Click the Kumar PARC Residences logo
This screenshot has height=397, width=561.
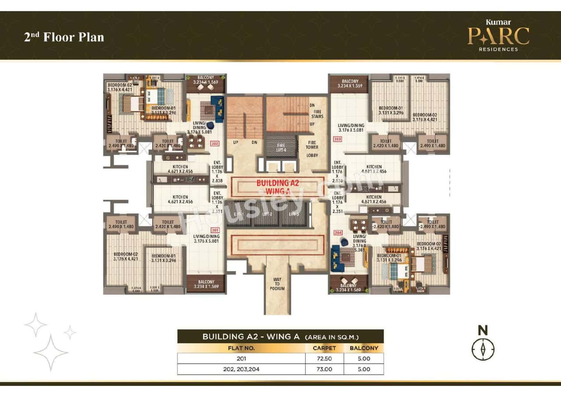pyautogui.click(x=498, y=36)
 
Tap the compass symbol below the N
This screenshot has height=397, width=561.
pyautogui.click(x=483, y=349)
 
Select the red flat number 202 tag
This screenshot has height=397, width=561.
pyautogui.click(x=215, y=143)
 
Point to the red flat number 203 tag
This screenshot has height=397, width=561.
pyautogui.click(x=337, y=139)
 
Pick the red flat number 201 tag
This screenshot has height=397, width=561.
pyautogui.click(x=215, y=230)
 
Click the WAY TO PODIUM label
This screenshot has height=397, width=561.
pyautogui.click(x=277, y=284)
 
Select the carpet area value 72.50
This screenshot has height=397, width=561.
pyautogui.click(x=324, y=358)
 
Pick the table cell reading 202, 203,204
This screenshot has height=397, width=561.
pyautogui.click(x=241, y=369)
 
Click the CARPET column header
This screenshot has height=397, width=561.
pyautogui.click(x=324, y=348)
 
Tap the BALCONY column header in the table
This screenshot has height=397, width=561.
pyautogui.click(x=363, y=348)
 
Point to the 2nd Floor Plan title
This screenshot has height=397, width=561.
pyautogui.click(x=64, y=37)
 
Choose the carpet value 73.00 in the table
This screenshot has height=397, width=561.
pyautogui.click(x=324, y=369)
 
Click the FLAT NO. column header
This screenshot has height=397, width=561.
pyautogui.click(x=241, y=348)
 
